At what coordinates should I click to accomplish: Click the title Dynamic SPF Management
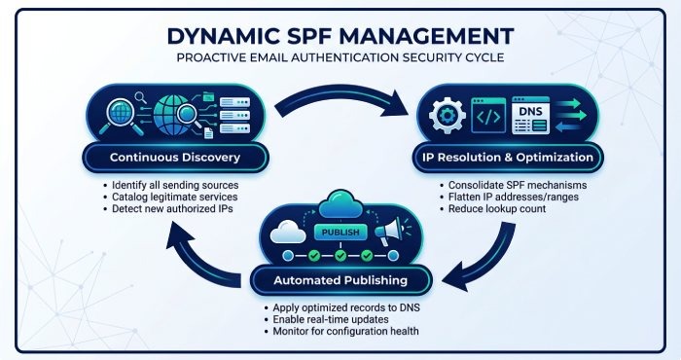340,36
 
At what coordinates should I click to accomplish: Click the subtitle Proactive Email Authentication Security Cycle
340,57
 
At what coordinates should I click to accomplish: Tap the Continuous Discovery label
175,158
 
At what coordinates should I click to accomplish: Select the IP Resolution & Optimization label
508,158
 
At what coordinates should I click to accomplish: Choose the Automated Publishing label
340,280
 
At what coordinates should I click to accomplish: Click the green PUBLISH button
340,233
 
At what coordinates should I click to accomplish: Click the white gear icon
447,116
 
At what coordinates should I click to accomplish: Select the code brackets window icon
488,116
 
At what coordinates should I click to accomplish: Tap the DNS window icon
531,116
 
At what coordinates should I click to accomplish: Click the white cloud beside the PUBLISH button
288,233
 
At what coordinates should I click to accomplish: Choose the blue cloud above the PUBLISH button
340,204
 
